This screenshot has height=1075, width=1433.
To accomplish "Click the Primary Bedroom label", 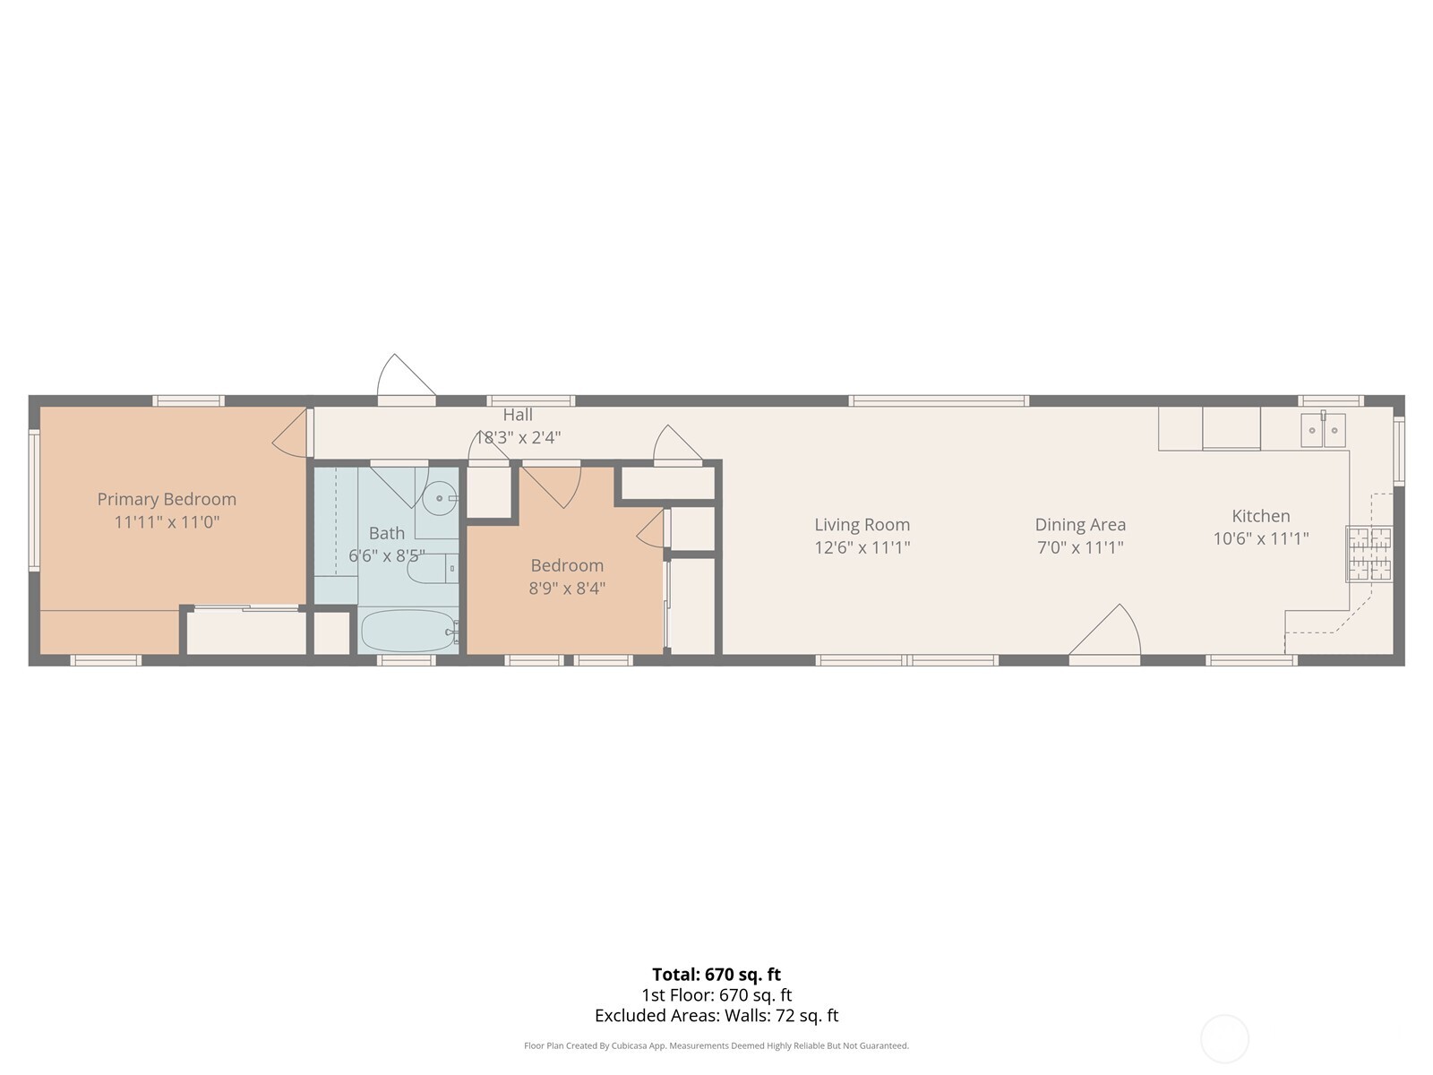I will (x=167, y=499).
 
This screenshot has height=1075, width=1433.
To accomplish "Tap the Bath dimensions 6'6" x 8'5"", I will (x=386, y=555).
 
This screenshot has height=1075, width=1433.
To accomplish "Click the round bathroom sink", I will (x=440, y=498).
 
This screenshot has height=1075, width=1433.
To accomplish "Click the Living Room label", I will (x=862, y=524).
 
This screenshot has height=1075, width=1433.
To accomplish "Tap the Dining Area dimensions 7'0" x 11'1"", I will (x=1080, y=547).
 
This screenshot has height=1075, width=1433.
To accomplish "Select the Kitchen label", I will (x=1260, y=516).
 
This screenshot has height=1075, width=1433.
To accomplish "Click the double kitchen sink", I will (x=1323, y=430).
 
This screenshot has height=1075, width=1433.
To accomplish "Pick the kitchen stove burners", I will (x=1369, y=553).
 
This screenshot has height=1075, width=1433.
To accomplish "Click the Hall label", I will (x=517, y=415).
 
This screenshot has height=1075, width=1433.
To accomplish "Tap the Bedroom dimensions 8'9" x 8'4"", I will (x=567, y=589).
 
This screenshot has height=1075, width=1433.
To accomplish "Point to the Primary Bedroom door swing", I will (x=292, y=433).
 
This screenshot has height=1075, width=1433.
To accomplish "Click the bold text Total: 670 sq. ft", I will (x=716, y=975).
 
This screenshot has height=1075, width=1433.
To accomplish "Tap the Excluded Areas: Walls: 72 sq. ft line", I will (x=716, y=1016).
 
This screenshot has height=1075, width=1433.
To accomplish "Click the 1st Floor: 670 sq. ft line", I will (x=716, y=995).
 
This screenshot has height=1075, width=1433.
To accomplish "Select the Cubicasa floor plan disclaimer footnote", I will (x=716, y=1045).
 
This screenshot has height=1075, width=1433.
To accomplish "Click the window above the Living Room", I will (x=938, y=400).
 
